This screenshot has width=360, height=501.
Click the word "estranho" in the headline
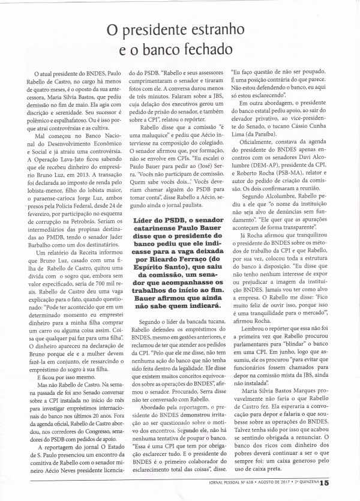(x=236, y=28)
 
